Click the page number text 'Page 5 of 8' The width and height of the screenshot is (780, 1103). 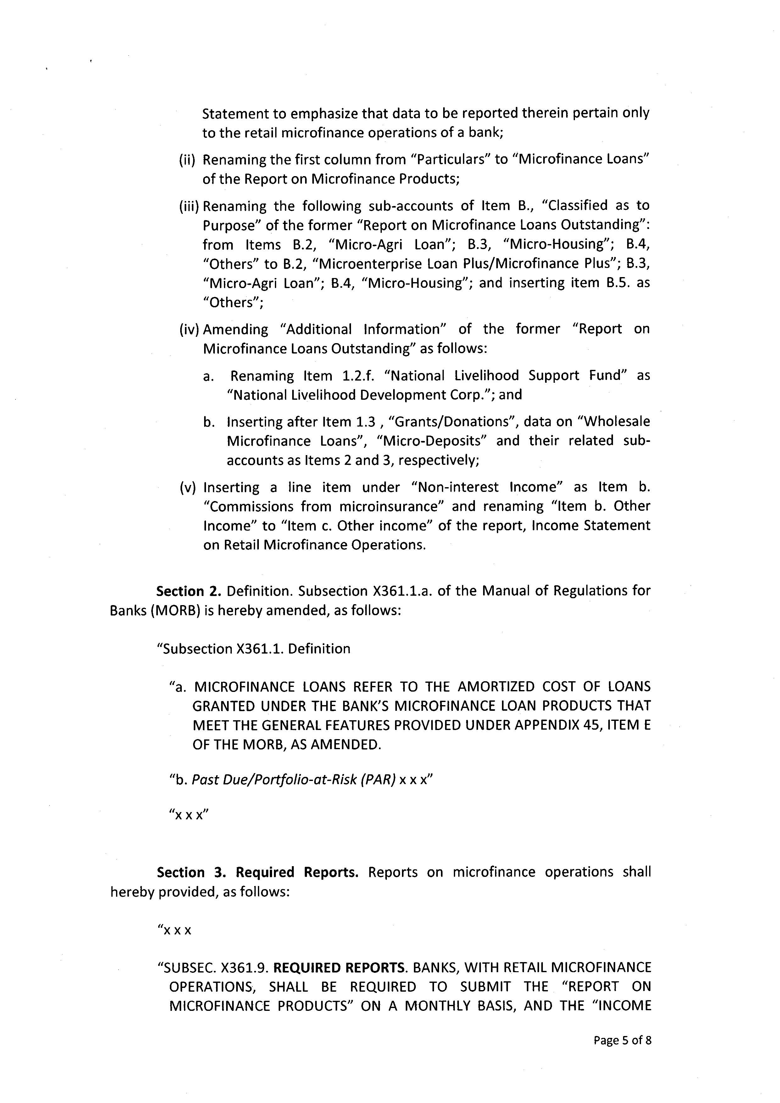(622, 1040)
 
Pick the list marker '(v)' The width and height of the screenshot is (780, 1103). (188, 487)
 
